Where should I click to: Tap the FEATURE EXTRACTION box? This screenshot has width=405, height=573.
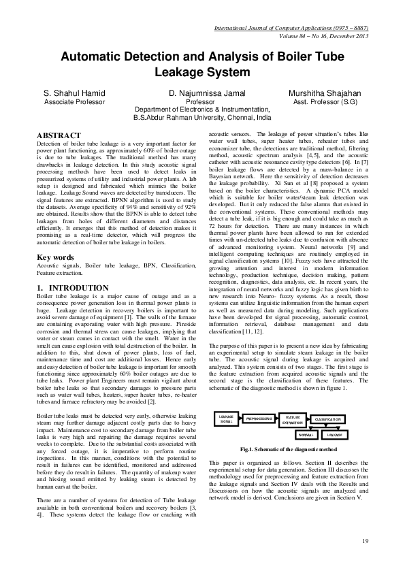click(x=293, y=419)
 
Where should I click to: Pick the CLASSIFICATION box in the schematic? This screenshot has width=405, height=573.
click(x=333, y=419)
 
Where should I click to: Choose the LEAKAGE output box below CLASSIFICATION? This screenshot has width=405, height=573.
click(x=334, y=433)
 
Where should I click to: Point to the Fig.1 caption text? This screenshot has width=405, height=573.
click(x=289, y=450)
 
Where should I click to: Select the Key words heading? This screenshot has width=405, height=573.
click(x=55, y=258)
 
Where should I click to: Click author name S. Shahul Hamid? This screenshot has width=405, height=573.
click(x=73, y=93)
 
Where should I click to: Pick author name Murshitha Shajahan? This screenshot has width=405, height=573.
click(x=325, y=93)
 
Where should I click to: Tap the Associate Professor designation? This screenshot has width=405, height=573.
click(x=74, y=101)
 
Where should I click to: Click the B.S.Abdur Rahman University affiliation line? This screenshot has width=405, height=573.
click(x=200, y=117)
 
